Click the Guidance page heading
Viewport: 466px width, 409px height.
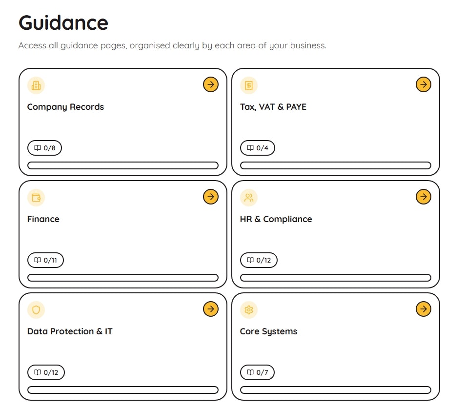63,23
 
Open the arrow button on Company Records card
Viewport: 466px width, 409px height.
211,85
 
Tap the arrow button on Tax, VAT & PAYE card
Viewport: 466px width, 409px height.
424,85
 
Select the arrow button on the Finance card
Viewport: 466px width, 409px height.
211,197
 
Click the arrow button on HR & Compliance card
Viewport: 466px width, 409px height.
424,197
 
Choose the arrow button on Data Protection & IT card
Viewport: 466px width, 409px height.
211,309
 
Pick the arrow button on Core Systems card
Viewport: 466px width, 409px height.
424,309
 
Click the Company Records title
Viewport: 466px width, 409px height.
65,107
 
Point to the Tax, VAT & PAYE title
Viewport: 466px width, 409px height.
273,107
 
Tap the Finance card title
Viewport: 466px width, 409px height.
43,219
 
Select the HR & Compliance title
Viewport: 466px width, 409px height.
276,219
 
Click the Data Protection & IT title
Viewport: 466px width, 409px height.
70,331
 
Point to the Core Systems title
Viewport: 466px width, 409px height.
268,331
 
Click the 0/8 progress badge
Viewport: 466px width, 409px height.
44,148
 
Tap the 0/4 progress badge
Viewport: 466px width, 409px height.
257,148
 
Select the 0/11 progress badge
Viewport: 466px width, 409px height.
45,260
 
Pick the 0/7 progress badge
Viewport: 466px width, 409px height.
257,372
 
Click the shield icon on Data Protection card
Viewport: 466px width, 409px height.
36,309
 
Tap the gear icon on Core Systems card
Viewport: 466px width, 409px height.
249,309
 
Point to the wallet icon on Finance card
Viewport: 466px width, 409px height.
36,198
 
